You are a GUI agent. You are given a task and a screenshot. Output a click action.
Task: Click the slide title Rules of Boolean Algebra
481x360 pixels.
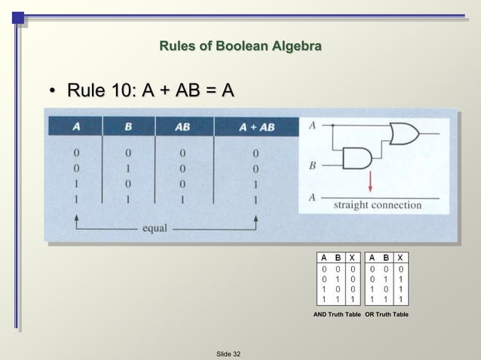[240, 47]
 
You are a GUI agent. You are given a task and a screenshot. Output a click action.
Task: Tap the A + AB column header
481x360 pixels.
[256, 127]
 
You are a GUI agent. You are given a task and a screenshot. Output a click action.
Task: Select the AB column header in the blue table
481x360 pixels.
[182, 127]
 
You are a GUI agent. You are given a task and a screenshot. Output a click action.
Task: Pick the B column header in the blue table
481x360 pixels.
[128, 127]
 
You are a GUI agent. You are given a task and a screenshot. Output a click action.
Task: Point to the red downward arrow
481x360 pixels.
[370, 182]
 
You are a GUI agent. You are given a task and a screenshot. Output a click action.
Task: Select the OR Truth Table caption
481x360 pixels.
[387, 313]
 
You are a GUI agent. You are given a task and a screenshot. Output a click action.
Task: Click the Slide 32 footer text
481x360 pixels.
[228, 353]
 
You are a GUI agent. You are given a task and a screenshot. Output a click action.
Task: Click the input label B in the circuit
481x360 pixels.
[312, 163]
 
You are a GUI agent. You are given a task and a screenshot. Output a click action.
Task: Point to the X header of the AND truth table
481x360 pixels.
[352, 257]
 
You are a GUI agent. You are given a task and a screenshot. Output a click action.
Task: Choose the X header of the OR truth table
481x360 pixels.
[401, 257]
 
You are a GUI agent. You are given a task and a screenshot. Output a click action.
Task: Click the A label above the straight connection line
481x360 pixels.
[312, 197]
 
